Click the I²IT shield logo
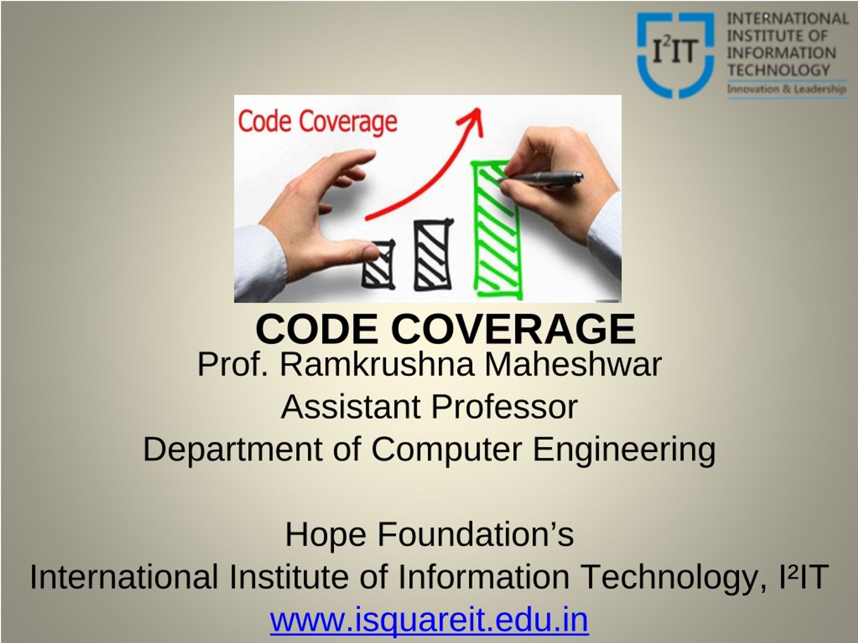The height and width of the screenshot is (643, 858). pyautogui.click(x=675, y=55)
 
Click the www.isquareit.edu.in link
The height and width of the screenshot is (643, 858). pyautogui.click(x=429, y=620)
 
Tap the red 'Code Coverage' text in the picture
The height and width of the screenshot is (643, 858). pyautogui.click(x=318, y=122)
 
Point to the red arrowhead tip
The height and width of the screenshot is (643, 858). pyautogui.click(x=480, y=108)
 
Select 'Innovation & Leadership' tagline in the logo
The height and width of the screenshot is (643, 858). pyautogui.click(x=786, y=89)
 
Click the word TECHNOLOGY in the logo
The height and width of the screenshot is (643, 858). pyautogui.click(x=779, y=70)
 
